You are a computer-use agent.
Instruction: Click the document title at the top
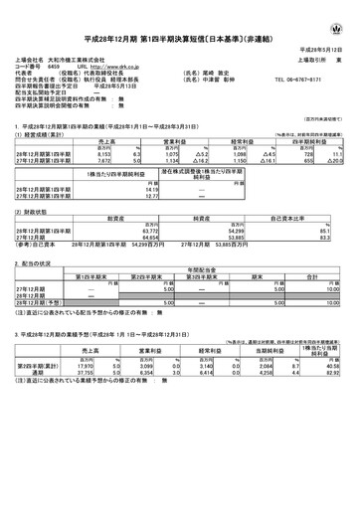[x=180, y=22]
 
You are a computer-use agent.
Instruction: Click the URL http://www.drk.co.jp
[x=122, y=66]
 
